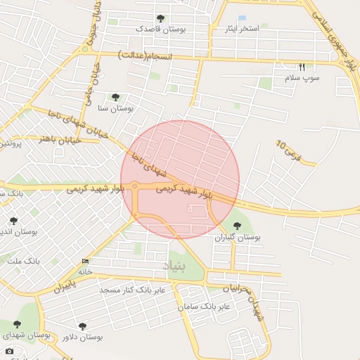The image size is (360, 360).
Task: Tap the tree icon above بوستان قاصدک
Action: [x=160, y=18]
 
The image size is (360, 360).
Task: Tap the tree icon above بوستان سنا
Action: [x=115, y=97]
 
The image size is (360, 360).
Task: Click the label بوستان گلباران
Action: [x=238, y=238]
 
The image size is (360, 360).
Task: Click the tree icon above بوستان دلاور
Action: [x=83, y=326]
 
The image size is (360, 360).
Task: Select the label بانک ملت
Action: [x=24, y=261]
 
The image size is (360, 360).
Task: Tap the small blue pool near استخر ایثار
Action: [x=243, y=18]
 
